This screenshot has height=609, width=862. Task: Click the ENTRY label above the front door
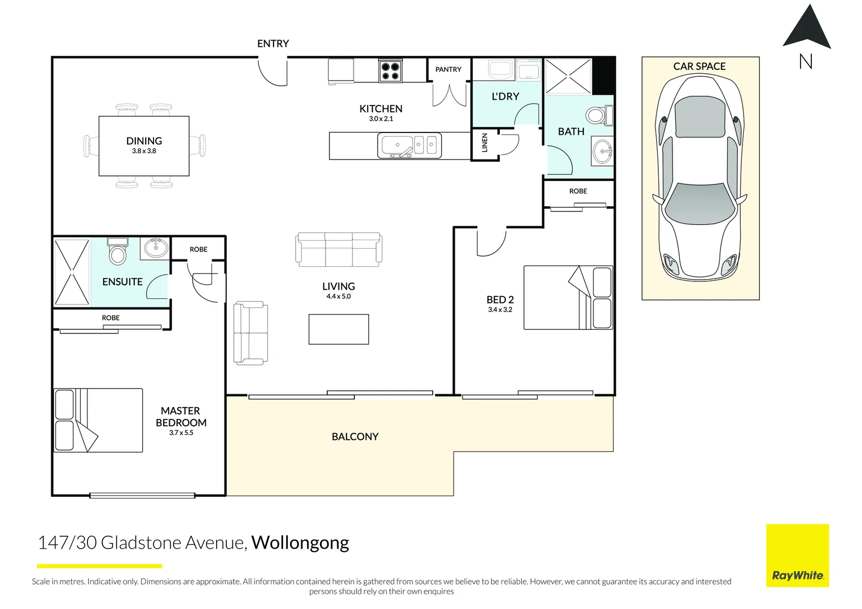click(273, 44)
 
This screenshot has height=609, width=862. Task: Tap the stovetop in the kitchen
click(390, 71)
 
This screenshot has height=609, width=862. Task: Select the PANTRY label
click(448, 69)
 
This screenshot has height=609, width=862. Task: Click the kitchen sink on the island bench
click(397, 145)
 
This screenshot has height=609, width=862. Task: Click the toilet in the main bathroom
click(597, 116)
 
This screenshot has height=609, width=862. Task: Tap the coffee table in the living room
click(338, 329)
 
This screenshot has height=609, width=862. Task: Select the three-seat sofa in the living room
click(338, 250)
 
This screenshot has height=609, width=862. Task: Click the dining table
click(144, 146)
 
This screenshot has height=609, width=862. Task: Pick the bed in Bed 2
click(568, 298)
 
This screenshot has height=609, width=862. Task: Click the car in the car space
click(700, 178)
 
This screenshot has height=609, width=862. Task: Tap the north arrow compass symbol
click(807, 28)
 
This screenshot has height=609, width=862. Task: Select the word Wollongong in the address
click(300, 542)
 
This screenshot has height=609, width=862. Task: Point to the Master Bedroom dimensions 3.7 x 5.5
click(181, 433)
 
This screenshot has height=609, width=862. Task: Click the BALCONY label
click(355, 436)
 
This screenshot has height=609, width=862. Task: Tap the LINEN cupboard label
click(485, 143)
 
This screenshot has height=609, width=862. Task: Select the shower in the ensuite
click(72, 272)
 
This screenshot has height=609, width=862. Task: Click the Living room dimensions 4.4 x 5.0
click(338, 297)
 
